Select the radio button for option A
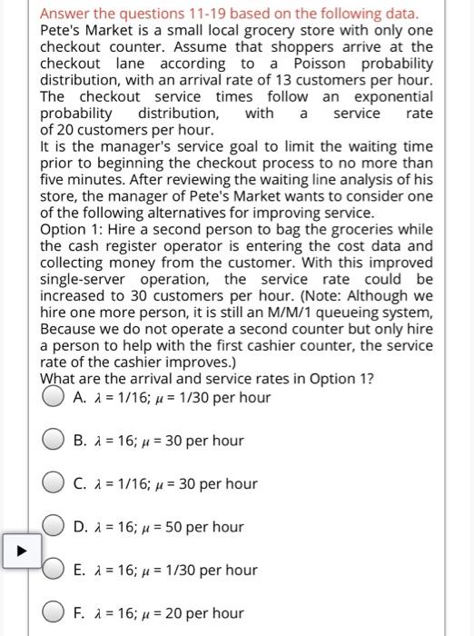pos(54,397)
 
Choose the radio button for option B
pos(54,441)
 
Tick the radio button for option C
pos(54,483)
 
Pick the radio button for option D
pos(54,527)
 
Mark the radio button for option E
pos(54,570)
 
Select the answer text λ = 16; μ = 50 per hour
pos(159,527)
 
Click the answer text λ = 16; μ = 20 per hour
pos(159,613)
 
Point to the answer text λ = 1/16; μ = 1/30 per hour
pos(172,398)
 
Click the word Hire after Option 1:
pos(123,229)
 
